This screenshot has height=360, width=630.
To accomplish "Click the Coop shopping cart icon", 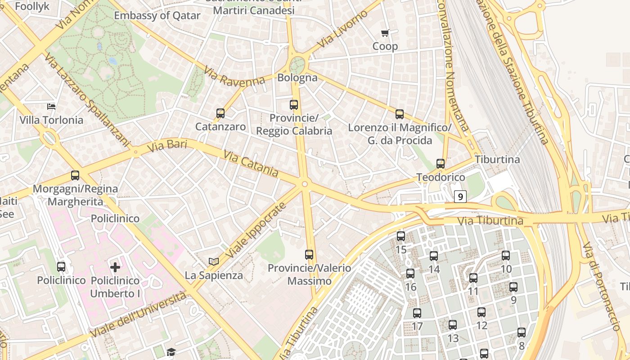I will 385,33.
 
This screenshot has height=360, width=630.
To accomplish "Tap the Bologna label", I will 297,77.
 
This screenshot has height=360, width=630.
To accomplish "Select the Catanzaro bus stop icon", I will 220,113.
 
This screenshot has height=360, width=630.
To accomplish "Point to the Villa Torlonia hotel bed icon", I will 51,107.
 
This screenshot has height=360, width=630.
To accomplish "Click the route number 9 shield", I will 459,196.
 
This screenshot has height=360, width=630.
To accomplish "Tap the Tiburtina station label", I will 497,159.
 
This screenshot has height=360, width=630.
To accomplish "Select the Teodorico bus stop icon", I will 440,164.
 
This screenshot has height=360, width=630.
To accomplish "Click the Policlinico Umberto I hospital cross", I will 115,267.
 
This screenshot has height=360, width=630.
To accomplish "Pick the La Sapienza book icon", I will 214,261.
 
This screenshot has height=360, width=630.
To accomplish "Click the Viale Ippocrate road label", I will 256,230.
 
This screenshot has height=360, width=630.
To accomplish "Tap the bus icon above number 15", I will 400,236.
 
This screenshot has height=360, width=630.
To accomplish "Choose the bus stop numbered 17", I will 417,313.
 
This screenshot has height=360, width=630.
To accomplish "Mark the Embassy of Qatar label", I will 157,15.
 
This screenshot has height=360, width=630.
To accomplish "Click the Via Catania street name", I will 251,163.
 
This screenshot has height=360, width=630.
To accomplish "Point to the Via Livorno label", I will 342,29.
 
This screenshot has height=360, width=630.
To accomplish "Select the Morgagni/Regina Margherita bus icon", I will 75,175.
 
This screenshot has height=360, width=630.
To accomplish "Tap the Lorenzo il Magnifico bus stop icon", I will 399,114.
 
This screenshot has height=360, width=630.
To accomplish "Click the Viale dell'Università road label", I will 138,315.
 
